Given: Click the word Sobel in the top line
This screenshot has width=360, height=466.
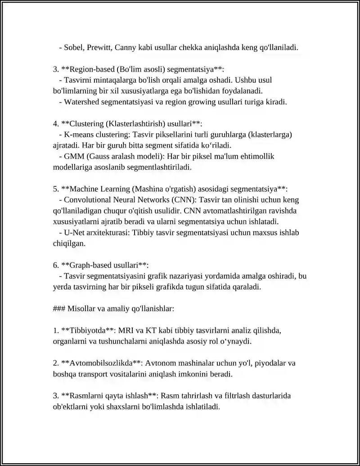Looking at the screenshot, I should tap(73, 47).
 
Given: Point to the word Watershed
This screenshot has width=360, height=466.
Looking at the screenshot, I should tap(81, 102).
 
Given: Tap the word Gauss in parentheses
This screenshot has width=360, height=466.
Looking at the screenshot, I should tap(99, 156).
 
